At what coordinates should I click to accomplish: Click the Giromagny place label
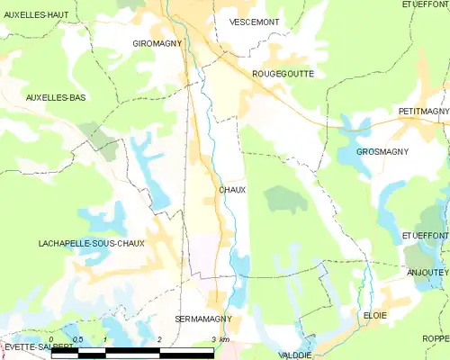tap(157, 42)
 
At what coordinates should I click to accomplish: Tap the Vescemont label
tap(255, 22)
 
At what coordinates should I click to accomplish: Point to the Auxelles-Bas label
tap(56, 97)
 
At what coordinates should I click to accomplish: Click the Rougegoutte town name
tap(283, 74)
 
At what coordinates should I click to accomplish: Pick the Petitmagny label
tap(422, 112)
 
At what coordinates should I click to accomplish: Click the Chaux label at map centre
tap(232, 190)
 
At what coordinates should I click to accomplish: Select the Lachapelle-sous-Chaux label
tap(92, 244)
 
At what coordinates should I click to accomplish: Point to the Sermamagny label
tap(204, 319)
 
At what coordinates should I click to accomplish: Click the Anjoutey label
tap(427, 272)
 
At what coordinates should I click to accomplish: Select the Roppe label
tap(436, 337)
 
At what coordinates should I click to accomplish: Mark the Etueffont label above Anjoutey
tap(426, 235)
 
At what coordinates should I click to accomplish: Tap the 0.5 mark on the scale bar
tap(78, 339)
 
